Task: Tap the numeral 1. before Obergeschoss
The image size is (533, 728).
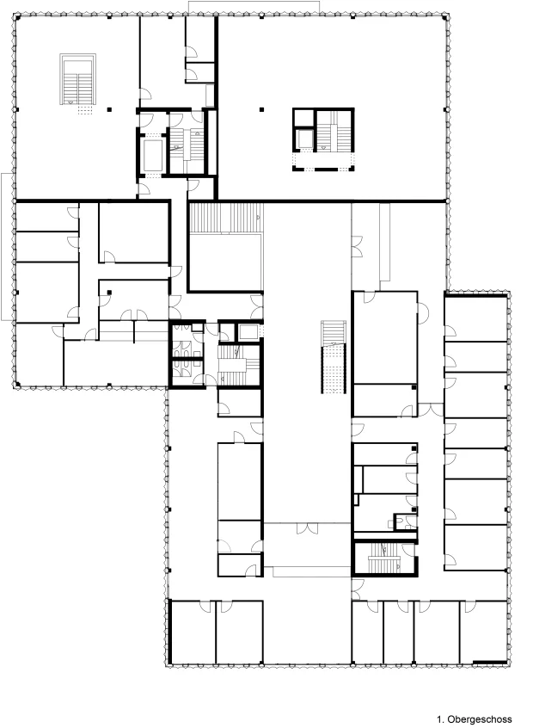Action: (440, 719)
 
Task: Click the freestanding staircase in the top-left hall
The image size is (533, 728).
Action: (77, 79)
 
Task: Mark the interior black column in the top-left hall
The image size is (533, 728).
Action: (109, 109)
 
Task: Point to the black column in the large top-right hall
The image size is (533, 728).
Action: (261, 109)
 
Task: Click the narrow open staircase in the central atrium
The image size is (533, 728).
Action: (334, 356)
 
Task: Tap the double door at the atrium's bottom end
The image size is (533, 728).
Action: (307, 527)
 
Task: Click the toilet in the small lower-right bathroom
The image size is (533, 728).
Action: (391, 523)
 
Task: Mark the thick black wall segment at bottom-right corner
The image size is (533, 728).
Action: (489, 662)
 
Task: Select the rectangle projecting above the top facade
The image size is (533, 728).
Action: (254, 7)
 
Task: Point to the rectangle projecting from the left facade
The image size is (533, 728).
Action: (7, 246)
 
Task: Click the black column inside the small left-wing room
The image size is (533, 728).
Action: (109, 293)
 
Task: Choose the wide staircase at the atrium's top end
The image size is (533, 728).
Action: (226, 218)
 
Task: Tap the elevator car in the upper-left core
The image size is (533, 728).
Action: (153, 155)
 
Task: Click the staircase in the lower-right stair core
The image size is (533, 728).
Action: (384, 558)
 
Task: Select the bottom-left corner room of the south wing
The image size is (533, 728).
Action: (193, 632)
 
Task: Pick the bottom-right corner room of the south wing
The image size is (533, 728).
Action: (483, 632)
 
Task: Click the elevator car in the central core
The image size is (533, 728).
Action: (249, 332)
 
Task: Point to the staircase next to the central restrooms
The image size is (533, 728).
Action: (238, 365)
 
